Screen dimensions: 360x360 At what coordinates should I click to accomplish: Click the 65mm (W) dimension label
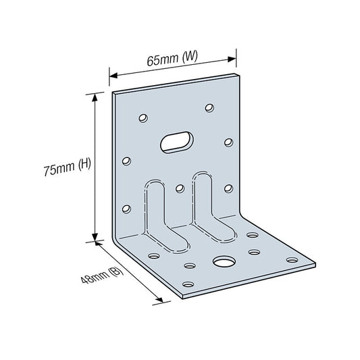click(x=172, y=58)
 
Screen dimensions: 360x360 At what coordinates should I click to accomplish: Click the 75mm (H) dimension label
click(x=68, y=167)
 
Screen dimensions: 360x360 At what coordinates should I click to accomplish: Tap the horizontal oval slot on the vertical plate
click(x=177, y=142)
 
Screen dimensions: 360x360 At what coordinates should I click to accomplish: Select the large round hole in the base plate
click(x=224, y=261)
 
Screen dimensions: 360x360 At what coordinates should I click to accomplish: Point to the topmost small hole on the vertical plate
click(x=209, y=107)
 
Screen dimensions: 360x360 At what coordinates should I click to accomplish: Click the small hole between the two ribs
click(x=180, y=188)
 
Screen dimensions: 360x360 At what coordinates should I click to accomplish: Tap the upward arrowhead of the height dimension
click(x=95, y=97)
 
